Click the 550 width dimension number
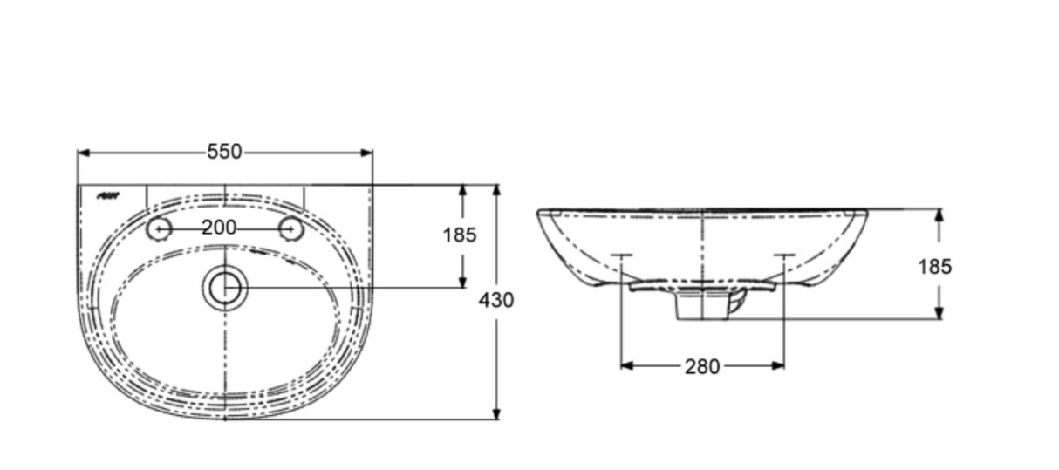224,152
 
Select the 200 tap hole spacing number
219,228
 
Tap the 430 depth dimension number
497,300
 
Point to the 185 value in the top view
460,235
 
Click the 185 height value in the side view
934,267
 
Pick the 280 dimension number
702,367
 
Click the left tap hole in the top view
159,228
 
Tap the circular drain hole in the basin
225,287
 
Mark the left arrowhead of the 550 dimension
84,153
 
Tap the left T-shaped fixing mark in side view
620,256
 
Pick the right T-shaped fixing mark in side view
783,256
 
